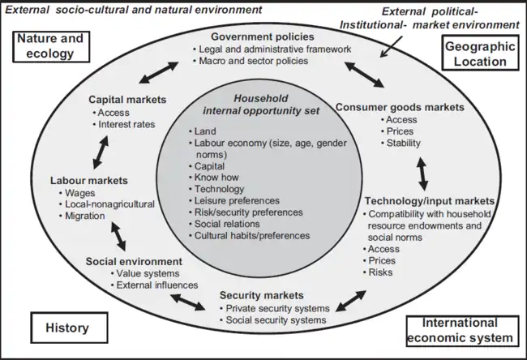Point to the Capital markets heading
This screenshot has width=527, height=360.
tap(127, 100)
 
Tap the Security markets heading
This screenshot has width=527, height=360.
tap(261, 295)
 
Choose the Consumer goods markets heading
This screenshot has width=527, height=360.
tap(400, 107)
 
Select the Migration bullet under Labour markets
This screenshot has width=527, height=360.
tap(84, 216)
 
